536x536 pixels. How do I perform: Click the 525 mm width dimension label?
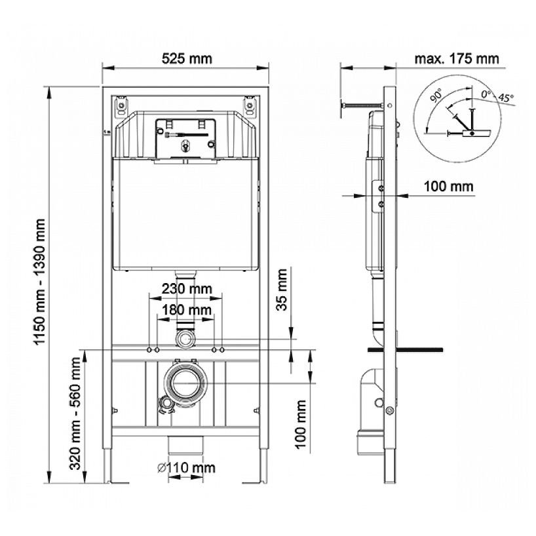(x=187, y=58)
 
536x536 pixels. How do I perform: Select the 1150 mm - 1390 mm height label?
(x=41, y=282)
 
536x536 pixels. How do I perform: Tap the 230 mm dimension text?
(x=187, y=289)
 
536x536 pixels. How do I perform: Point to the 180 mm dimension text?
(x=186, y=310)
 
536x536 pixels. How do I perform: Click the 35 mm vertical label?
(x=282, y=289)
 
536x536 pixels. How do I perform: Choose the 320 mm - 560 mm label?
(x=75, y=413)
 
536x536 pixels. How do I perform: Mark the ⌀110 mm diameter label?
(x=186, y=468)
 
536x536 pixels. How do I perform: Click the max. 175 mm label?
(x=457, y=58)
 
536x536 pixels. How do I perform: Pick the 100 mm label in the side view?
(x=448, y=187)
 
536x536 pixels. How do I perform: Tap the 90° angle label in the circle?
(x=436, y=95)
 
